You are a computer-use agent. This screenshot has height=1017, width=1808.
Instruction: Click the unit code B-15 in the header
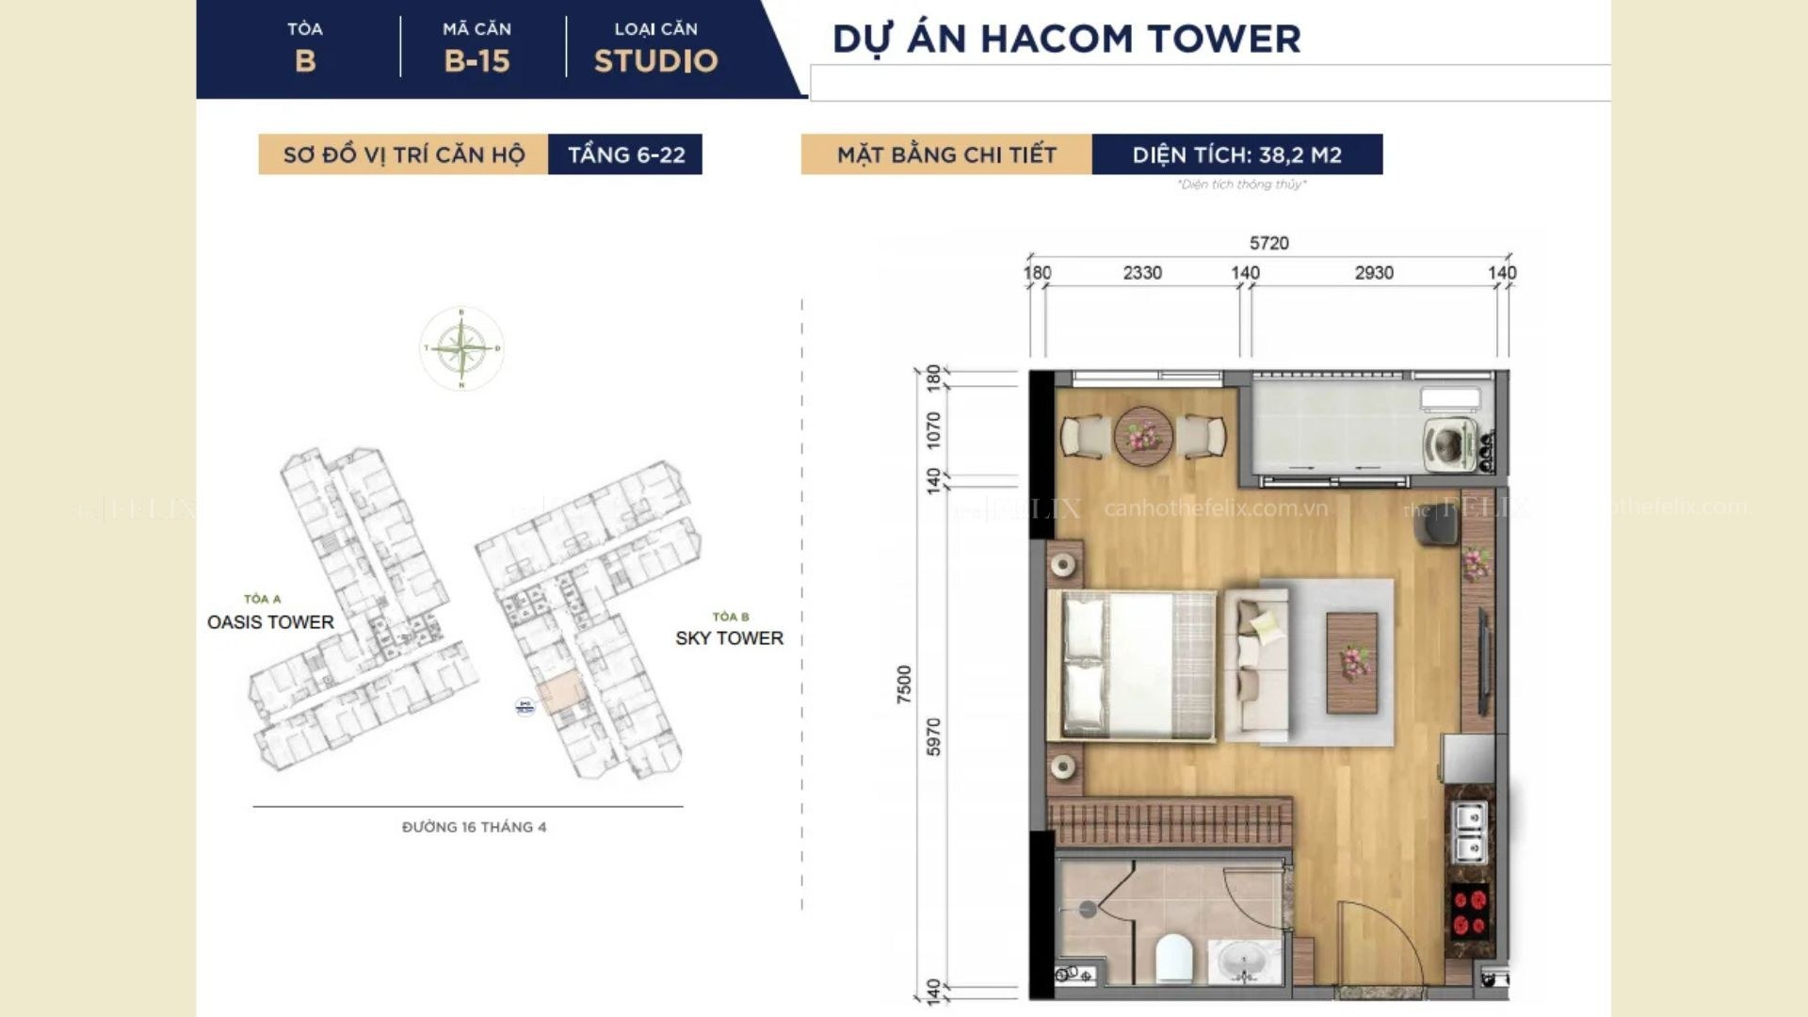476,61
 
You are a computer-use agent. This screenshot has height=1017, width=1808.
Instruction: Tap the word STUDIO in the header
655,61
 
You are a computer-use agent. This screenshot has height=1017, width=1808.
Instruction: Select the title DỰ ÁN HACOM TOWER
1066,40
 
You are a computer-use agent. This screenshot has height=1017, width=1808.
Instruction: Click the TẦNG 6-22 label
625,154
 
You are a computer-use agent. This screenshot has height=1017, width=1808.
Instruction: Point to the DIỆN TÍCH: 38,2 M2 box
1236,154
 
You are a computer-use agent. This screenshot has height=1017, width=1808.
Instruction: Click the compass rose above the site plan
461,348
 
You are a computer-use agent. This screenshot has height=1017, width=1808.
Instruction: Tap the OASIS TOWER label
270,622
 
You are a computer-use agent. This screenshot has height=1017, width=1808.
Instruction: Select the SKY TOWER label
729,638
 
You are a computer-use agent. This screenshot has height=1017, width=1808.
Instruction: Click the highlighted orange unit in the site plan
561,693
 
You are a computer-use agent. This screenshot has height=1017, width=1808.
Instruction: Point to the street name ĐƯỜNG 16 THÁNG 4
474,827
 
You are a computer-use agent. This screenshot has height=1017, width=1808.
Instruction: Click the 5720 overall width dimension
1268,243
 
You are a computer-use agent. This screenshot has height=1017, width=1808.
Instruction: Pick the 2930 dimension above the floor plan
1373,273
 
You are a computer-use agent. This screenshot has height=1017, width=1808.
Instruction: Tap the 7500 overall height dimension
904,685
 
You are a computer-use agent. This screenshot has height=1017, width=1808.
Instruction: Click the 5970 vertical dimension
933,736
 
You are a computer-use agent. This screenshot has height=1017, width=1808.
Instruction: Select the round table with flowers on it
1143,436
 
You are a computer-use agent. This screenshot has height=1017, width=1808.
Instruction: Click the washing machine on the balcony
1449,444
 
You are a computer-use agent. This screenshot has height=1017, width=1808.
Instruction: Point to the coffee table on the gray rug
1351,662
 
